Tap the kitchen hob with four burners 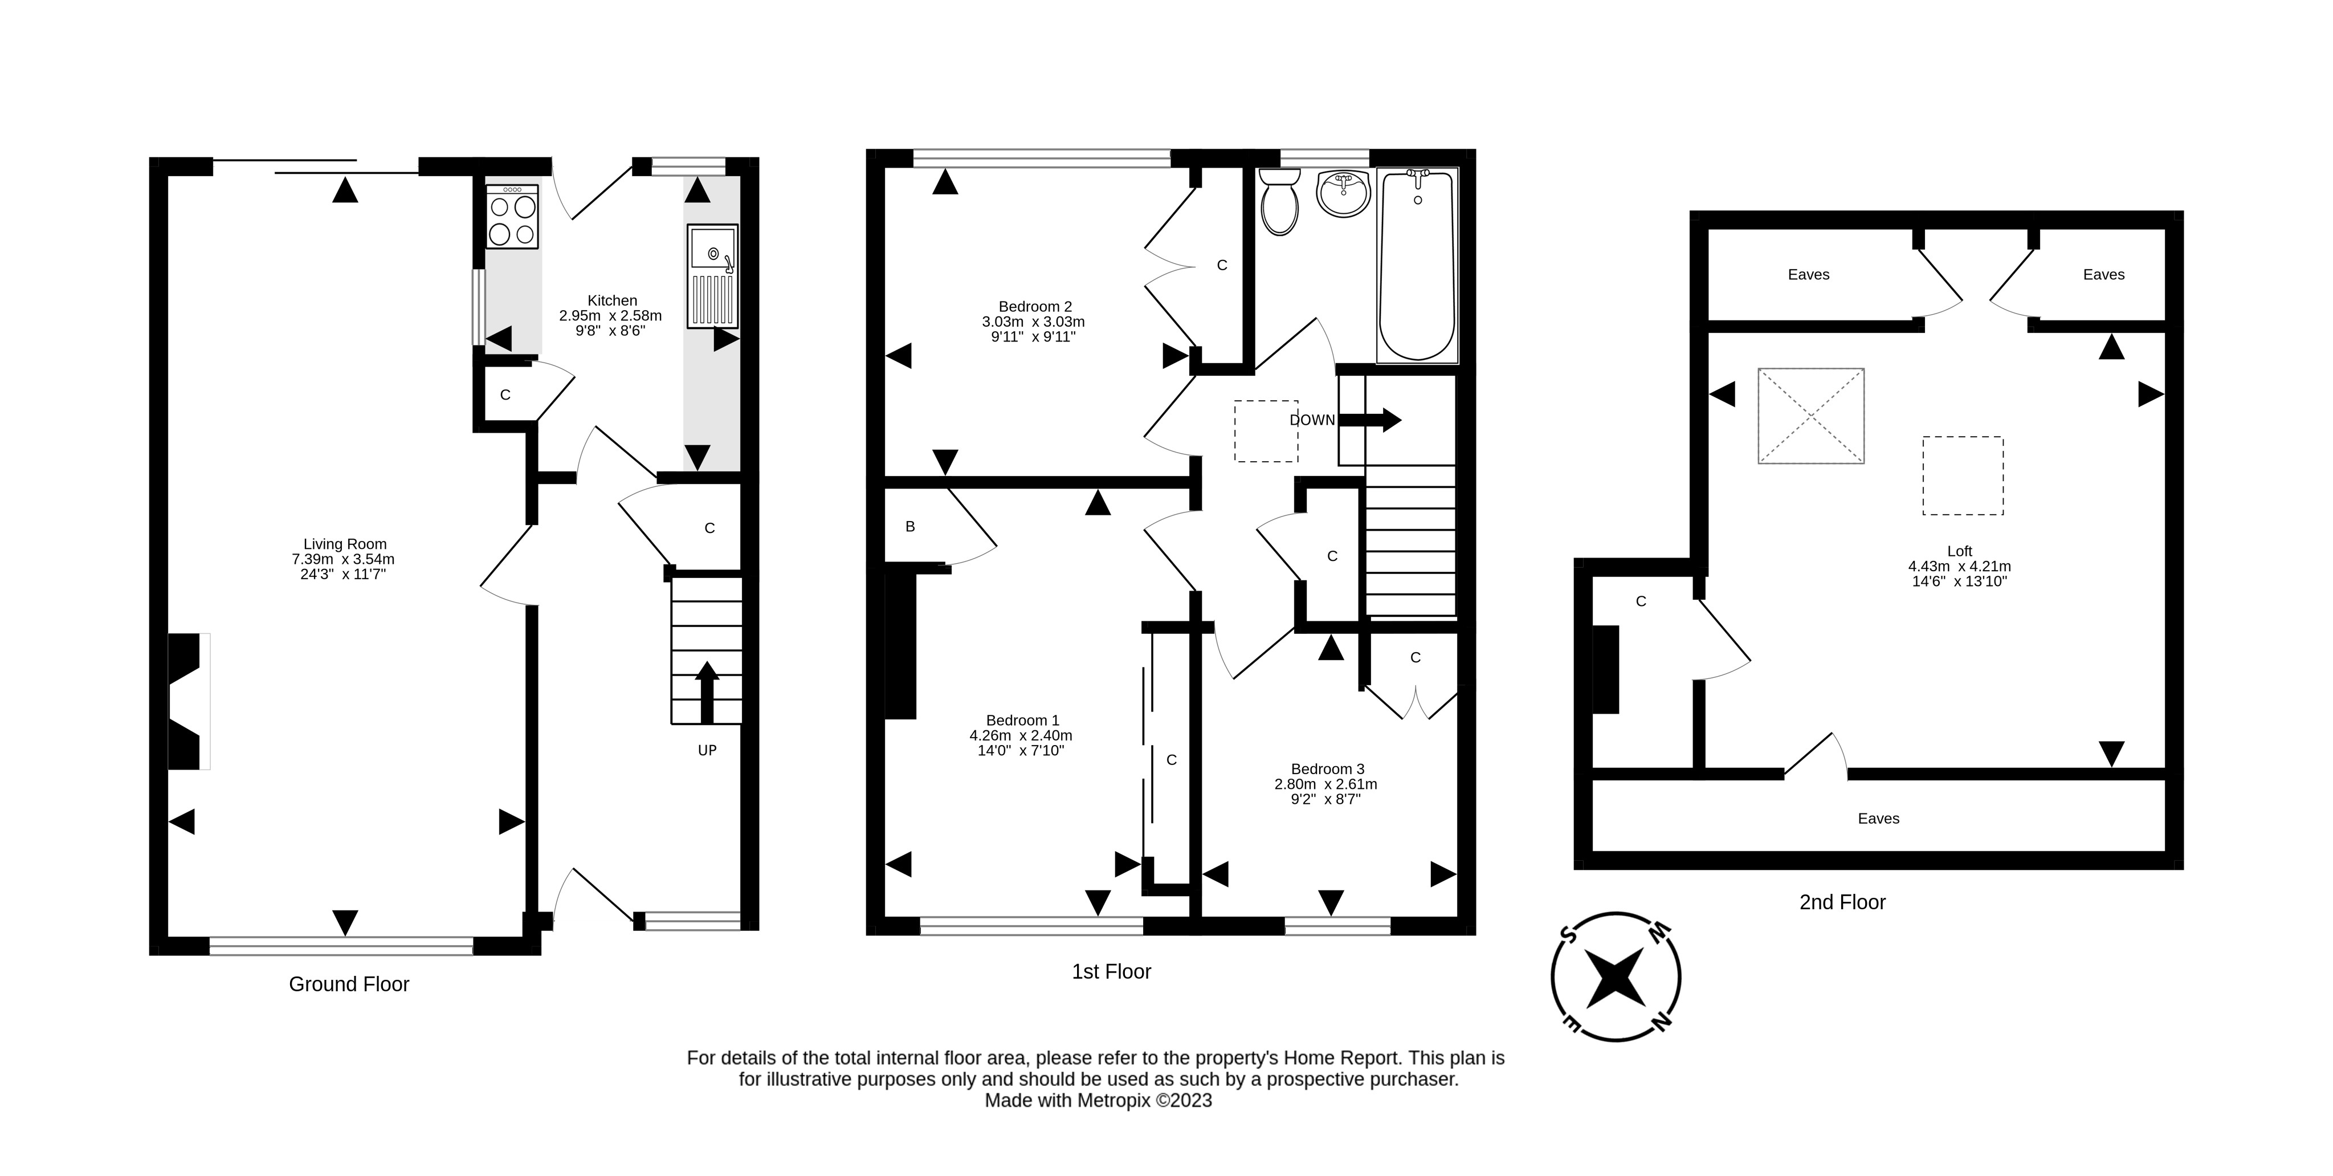(x=512, y=217)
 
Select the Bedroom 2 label (x=1034, y=306)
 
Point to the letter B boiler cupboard (x=910, y=526)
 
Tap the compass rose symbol (x=1616, y=976)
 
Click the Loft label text (x=1959, y=551)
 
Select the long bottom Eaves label (x=1878, y=818)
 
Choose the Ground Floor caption (x=349, y=984)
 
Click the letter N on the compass (x=1661, y=1021)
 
